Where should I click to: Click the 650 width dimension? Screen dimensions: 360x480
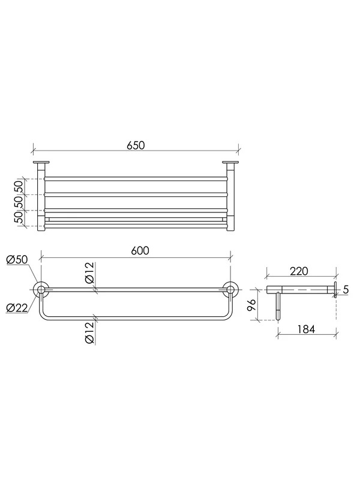[136, 145]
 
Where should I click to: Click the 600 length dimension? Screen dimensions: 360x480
[140, 250]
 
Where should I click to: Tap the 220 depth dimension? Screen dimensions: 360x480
[299, 271]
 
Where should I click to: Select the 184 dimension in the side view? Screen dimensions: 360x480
[306, 329]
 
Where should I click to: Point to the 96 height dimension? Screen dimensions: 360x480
[251, 305]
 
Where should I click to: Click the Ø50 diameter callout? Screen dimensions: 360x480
[17, 260]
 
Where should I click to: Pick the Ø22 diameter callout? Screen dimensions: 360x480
[17, 307]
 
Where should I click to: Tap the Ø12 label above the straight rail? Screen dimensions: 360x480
[89, 274]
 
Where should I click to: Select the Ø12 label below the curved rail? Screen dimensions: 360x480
[89, 333]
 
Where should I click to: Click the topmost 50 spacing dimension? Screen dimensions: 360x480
[19, 187]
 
